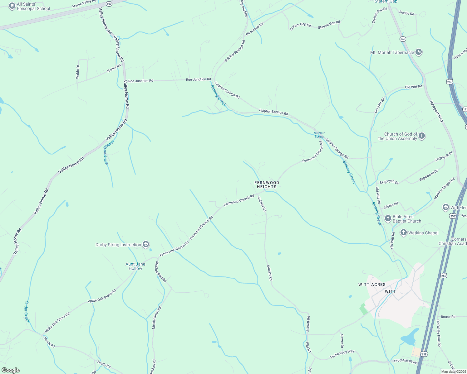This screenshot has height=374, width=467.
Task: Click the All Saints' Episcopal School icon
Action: click(12, 6)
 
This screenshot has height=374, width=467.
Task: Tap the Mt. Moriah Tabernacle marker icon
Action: click(419, 52)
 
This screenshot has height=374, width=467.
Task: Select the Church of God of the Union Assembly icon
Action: click(422, 136)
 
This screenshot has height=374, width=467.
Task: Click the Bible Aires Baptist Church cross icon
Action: click(388, 218)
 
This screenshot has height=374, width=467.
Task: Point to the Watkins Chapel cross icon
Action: click(403, 233)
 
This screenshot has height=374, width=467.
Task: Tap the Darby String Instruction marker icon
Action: click(146, 245)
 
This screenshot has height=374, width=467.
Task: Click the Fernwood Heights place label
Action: click(267, 185)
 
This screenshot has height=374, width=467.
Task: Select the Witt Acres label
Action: click(372, 285)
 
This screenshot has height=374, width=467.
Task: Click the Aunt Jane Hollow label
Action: click(135, 266)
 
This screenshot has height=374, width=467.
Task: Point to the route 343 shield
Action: click(403, 39)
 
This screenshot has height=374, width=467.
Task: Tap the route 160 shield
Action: click(109, 4)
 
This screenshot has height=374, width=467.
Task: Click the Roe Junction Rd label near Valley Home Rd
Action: click(140, 81)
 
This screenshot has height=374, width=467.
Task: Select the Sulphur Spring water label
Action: click(319, 135)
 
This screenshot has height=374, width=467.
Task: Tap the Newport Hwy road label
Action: click(436, 112)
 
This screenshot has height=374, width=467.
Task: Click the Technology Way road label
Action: click(342, 354)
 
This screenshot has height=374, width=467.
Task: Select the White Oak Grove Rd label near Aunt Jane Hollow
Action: click(102, 296)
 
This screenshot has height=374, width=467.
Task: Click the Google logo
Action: click(11, 370)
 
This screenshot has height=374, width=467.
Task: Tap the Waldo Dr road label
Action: click(78, 72)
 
